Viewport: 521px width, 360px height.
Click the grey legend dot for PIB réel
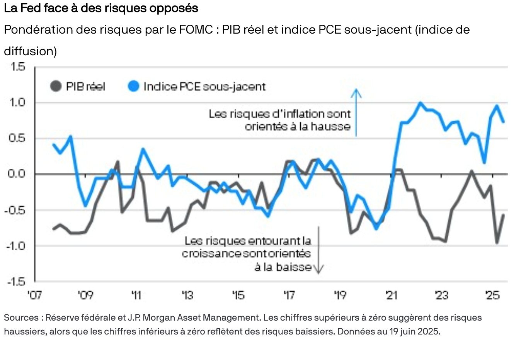(56, 86)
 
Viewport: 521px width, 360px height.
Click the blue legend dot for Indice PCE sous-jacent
(133, 86)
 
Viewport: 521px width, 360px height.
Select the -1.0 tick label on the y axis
(15, 246)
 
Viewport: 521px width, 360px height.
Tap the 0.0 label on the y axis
(17, 174)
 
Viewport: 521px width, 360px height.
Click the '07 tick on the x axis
(34, 295)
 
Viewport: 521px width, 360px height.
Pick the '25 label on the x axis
(492, 295)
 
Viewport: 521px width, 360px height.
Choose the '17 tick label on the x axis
(289, 295)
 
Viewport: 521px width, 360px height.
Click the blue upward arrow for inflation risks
(356, 112)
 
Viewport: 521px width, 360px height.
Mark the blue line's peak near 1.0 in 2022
(421, 103)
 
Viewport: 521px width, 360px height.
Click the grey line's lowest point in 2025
(497, 243)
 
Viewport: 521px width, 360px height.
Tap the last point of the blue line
(504, 122)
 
